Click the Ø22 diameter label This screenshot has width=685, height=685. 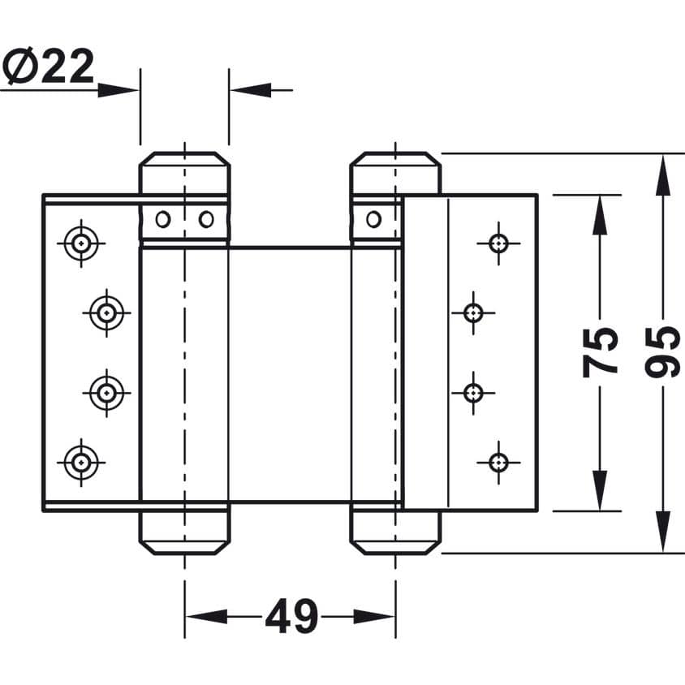pyautogui.click(x=49, y=66)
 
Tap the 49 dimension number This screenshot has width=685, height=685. pyautogui.click(x=292, y=616)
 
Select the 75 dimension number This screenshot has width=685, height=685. pyautogui.click(x=601, y=352)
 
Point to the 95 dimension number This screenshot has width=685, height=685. pyautogui.click(x=662, y=352)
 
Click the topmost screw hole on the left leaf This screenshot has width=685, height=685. pyautogui.click(x=81, y=243)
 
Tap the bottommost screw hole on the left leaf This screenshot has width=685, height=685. pyautogui.click(x=81, y=462)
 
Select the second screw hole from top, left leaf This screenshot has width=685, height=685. pyautogui.click(x=106, y=312)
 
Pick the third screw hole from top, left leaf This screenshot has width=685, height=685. pyautogui.click(x=106, y=393)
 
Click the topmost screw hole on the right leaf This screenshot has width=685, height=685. pyautogui.click(x=498, y=243)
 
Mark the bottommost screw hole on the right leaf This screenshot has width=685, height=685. pyautogui.click(x=498, y=462)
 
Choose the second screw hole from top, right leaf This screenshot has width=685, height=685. pyautogui.click(x=473, y=312)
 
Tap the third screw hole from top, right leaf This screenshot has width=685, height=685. pyautogui.click(x=473, y=393)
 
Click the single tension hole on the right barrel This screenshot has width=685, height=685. pyautogui.click(x=373, y=219)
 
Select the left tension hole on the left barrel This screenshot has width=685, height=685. pyautogui.click(x=163, y=219)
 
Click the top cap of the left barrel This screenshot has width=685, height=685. pyautogui.click(x=184, y=173)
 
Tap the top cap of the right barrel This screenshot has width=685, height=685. pyautogui.click(x=395, y=173)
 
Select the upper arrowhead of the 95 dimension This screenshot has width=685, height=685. pyautogui.click(x=663, y=175)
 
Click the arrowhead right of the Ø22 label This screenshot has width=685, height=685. pyautogui.click(x=118, y=90)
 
